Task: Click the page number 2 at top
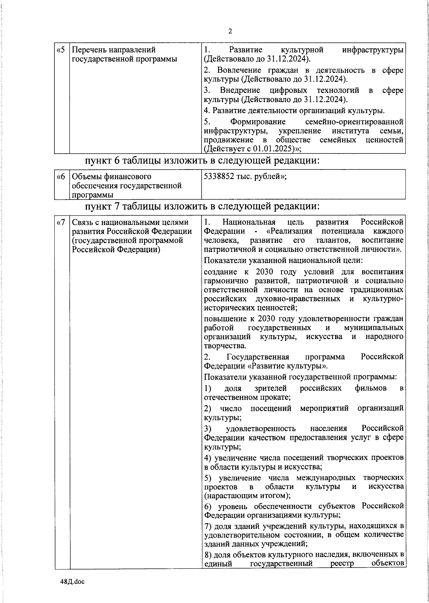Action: (230, 31)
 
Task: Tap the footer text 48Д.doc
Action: (72, 582)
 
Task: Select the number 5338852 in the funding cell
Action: (218, 177)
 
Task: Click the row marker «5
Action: (60, 50)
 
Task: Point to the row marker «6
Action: (60, 177)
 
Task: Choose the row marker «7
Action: (60, 222)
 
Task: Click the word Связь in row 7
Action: (83, 222)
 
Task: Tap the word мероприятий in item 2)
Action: (324, 408)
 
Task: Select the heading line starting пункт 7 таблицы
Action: (202, 206)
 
